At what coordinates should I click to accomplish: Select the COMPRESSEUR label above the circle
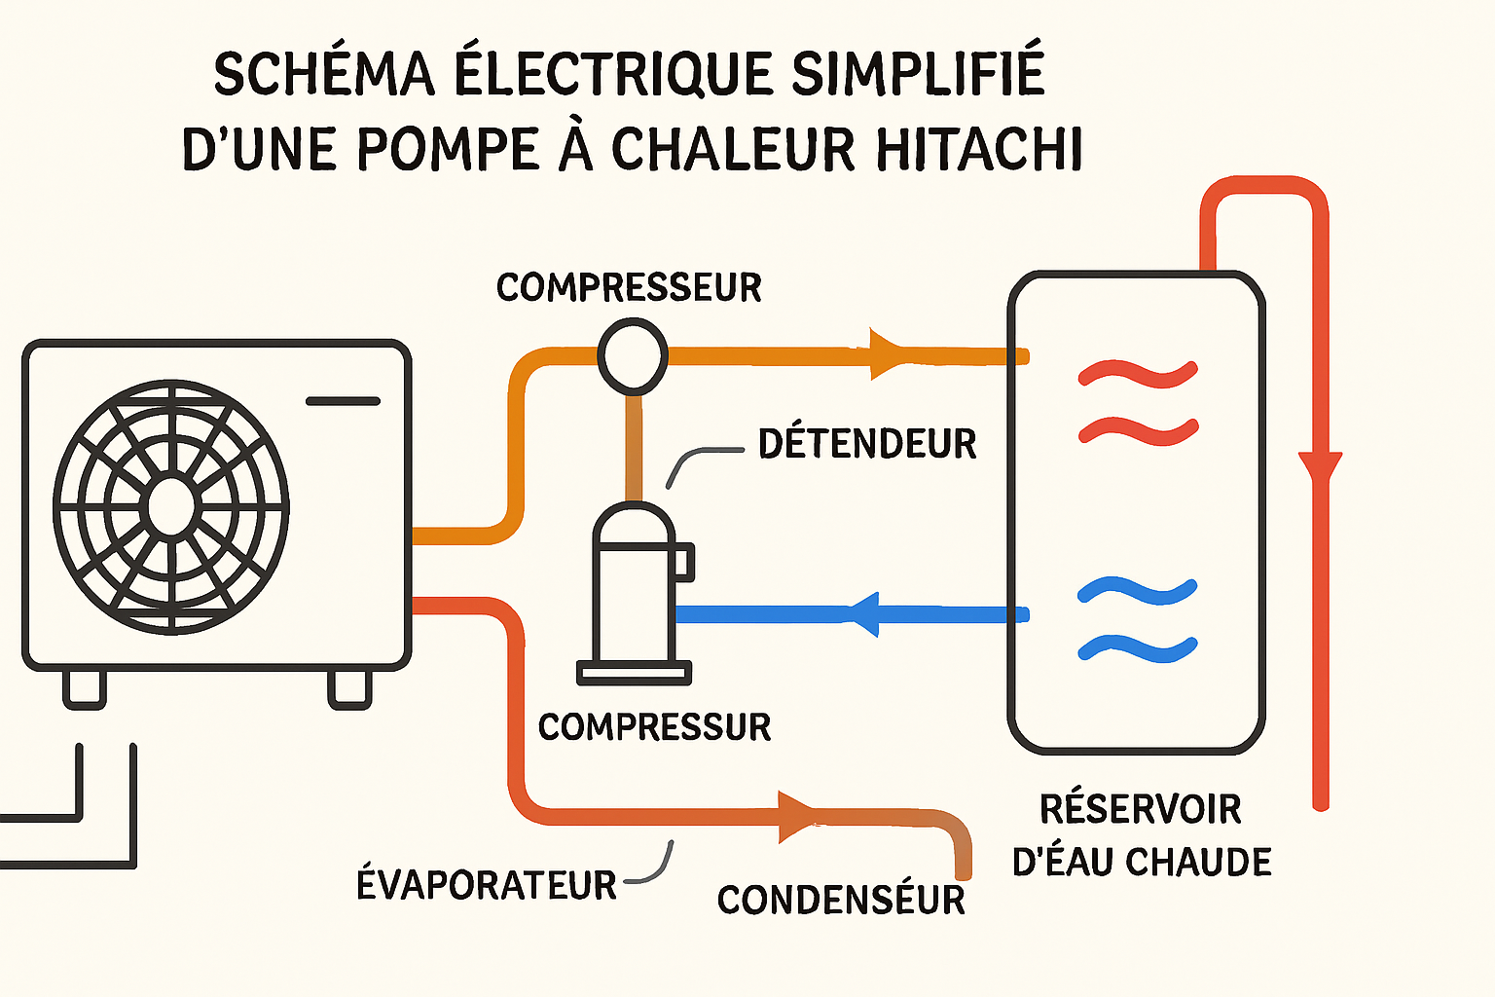point(629,287)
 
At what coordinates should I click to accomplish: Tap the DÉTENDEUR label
point(867,444)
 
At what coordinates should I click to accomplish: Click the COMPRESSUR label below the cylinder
point(654,726)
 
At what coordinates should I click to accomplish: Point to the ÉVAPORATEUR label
point(487,885)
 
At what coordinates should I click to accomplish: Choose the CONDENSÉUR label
point(841,900)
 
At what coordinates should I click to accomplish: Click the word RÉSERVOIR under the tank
point(1141,809)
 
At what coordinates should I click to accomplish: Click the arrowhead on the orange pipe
point(887,354)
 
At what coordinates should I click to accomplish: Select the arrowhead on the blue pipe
point(865,614)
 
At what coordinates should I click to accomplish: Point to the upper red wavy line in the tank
point(1138,374)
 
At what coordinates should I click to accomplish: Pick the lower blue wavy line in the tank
point(1138,647)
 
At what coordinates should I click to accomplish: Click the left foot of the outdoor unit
point(84,688)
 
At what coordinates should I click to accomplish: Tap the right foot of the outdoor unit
point(349,688)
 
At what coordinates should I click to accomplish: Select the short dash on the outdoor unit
point(343,401)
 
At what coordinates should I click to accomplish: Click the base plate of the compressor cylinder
point(635,672)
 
